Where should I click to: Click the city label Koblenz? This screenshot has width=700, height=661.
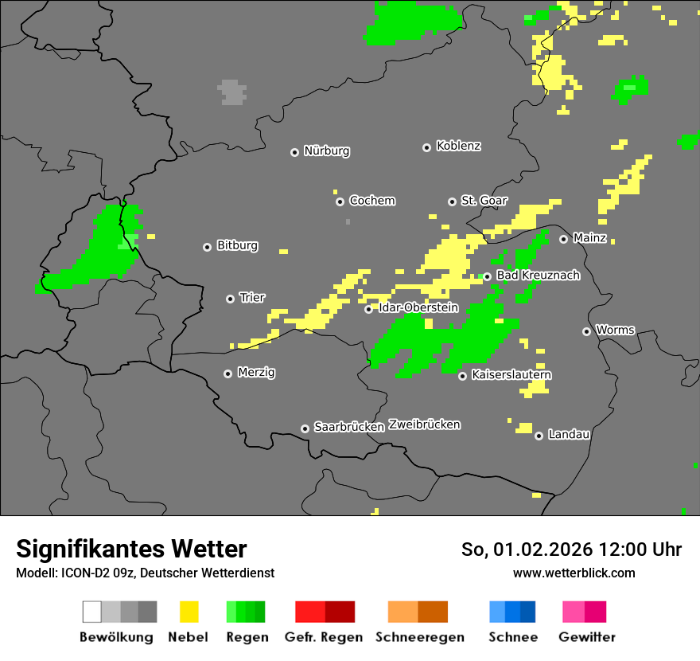click(x=458, y=146)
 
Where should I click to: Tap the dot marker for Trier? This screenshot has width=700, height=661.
click(x=231, y=299)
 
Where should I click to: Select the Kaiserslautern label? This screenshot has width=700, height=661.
click(x=511, y=374)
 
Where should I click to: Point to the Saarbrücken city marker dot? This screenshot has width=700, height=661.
click(x=305, y=428)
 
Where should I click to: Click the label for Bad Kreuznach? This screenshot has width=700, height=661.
click(x=538, y=276)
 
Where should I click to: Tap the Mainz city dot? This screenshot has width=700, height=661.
click(x=563, y=239)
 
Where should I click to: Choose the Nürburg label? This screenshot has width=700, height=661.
click(x=326, y=151)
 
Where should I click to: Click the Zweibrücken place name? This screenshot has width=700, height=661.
click(x=424, y=424)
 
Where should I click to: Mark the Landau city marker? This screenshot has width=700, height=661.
click(x=539, y=436)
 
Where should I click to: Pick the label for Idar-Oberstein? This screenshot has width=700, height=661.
click(x=418, y=307)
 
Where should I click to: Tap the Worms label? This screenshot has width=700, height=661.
click(x=615, y=330)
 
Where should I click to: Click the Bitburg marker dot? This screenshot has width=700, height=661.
click(x=207, y=247)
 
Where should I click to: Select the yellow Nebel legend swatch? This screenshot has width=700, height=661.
click(x=189, y=612)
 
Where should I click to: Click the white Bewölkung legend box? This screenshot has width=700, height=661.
click(x=92, y=612)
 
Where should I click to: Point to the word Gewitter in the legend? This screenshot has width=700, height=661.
click(x=587, y=637)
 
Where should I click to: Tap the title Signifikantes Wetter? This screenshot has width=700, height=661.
click(x=131, y=549)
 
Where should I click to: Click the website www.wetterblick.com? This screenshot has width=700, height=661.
click(x=574, y=573)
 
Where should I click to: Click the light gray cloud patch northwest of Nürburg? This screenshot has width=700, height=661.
click(x=231, y=92)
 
